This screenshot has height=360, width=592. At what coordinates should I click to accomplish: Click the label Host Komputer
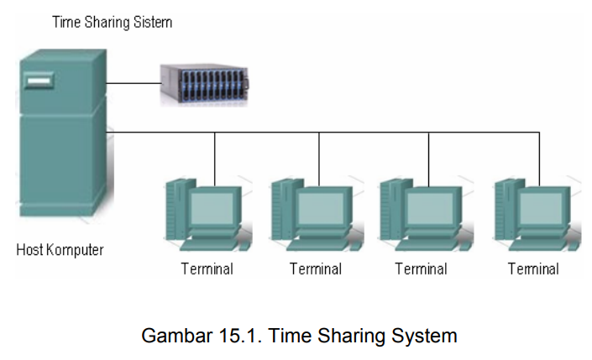[x=60, y=250]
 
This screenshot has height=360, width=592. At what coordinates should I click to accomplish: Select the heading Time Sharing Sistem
[x=112, y=22]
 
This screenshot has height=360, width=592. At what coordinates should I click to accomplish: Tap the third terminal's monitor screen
[x=430, y=207]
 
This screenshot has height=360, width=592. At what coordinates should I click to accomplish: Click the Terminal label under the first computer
[x=207, y=269]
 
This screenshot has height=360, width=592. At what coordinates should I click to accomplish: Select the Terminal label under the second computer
[x=316, y=269]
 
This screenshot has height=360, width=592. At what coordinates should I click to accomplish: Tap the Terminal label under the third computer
[x=421, y=269]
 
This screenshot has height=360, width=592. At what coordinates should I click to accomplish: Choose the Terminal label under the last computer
[x=533, y=269]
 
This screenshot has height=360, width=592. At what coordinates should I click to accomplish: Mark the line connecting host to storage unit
[x=134, y=83]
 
